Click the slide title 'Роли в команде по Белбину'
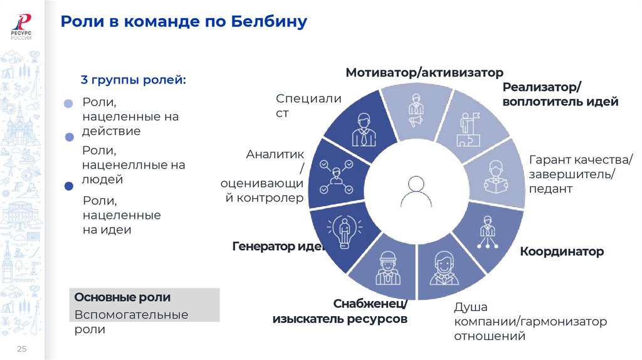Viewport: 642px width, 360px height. (184, 23)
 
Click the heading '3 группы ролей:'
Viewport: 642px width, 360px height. (133, 80)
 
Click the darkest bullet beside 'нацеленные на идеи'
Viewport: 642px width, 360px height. (69, 186)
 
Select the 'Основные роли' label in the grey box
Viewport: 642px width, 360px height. (122, 297)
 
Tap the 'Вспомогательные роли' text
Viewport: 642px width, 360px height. (131, 322)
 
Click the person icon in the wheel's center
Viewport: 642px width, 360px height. (416, 191)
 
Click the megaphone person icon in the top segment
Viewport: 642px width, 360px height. (416, 110)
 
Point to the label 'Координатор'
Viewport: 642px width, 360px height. (561, 251)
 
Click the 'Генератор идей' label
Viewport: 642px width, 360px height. (278, 246)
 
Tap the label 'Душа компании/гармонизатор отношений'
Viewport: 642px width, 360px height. (530, 322)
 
